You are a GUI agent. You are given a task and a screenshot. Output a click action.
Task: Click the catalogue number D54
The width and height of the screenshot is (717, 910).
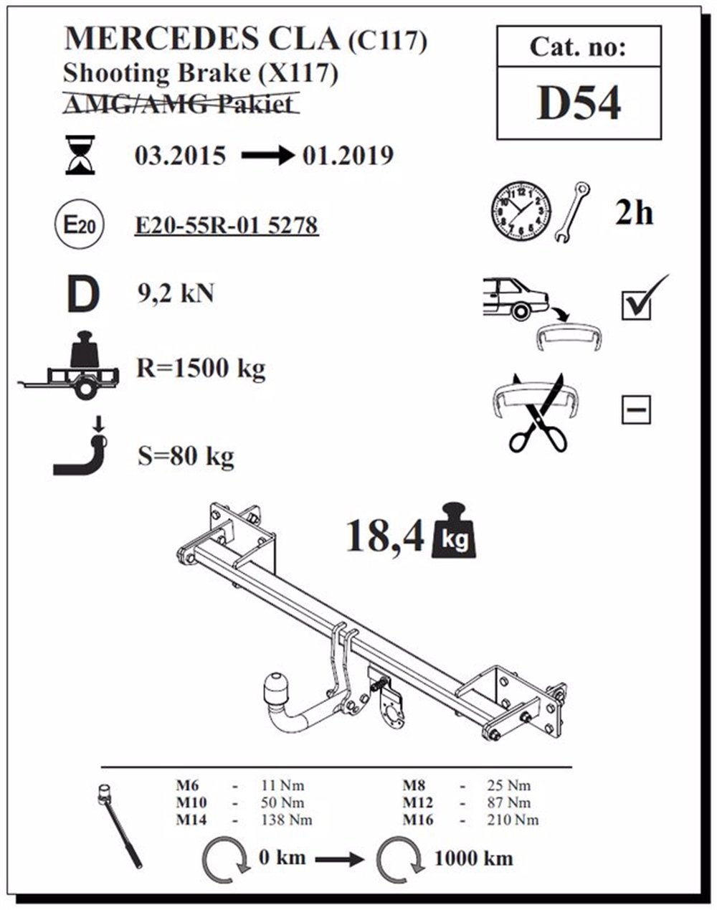(x=579, y=103)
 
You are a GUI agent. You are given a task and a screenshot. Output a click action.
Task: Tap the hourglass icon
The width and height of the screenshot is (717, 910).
(x=80, y=155)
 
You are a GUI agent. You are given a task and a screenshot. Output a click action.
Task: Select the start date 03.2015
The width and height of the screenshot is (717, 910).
(x=181, y=156)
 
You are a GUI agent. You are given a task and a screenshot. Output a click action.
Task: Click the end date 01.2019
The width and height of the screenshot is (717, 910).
(x=348, y=156)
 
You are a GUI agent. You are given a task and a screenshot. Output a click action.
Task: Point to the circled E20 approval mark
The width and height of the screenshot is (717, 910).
(x=80, y=225)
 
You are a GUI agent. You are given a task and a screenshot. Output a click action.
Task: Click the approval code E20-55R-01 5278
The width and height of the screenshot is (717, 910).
(x=227, y=225)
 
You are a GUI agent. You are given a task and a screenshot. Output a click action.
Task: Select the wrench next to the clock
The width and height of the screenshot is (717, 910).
(x=573, y=212)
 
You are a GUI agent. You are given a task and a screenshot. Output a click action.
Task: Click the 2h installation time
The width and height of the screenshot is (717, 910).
(x=634, y=214)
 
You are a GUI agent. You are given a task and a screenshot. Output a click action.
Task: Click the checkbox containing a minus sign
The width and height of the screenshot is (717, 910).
(x=636, y=409)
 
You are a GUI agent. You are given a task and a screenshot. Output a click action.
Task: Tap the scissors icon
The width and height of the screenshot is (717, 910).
(x=537, y=413)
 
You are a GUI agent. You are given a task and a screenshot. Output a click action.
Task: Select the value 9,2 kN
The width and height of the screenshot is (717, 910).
(x=176, y=293)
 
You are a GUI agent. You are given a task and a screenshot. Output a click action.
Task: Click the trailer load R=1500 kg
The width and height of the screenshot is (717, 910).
(x=201, y=369)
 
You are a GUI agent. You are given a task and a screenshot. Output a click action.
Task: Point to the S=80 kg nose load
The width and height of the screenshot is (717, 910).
(x=186, y=456)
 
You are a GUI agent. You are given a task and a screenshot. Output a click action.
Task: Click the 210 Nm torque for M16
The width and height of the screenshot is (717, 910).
(x=513, y=820)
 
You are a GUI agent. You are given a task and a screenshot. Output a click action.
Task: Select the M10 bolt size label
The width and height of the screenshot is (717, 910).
(x=191, y=802)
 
